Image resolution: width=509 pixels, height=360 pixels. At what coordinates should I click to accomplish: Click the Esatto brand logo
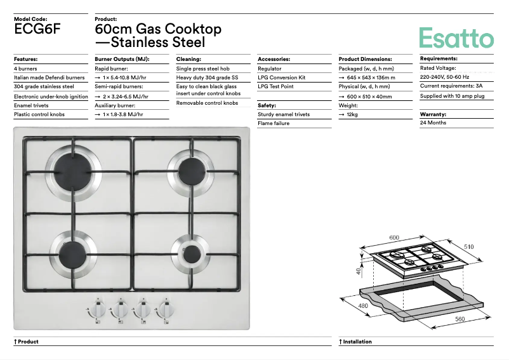456,37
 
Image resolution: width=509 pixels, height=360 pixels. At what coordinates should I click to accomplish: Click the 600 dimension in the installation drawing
394,237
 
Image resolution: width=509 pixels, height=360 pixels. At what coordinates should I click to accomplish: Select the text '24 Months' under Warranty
433,123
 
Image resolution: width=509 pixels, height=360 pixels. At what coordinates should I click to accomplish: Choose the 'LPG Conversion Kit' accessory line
282,77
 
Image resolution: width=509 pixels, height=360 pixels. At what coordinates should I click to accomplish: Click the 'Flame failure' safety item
274,123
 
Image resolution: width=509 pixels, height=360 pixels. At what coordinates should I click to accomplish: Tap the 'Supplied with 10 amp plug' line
453,96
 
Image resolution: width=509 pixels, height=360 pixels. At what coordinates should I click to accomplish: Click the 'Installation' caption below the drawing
357,342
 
